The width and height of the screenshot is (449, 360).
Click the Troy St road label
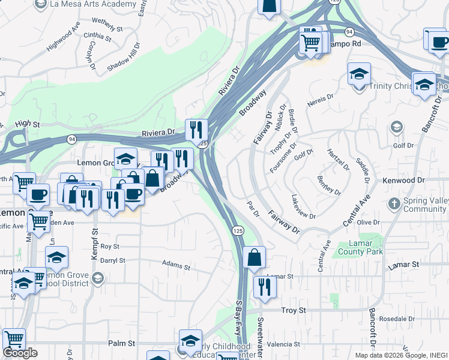(x=294, y=310)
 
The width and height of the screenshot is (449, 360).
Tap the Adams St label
(x=176, y=265)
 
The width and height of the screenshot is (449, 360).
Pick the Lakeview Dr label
(x=303, y=206)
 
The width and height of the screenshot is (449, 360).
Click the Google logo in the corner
(x=20, y=353)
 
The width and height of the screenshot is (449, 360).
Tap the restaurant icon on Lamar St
(x=264, y=286)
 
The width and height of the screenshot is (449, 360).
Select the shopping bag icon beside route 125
(x=255, y=257)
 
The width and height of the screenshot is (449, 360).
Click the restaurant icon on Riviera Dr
(x=196, y=129)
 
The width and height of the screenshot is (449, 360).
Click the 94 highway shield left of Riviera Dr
(x=72, y=139)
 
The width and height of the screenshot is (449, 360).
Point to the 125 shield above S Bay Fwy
(x=238, y=230)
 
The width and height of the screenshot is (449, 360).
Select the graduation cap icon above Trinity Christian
(x=359, y=74)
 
